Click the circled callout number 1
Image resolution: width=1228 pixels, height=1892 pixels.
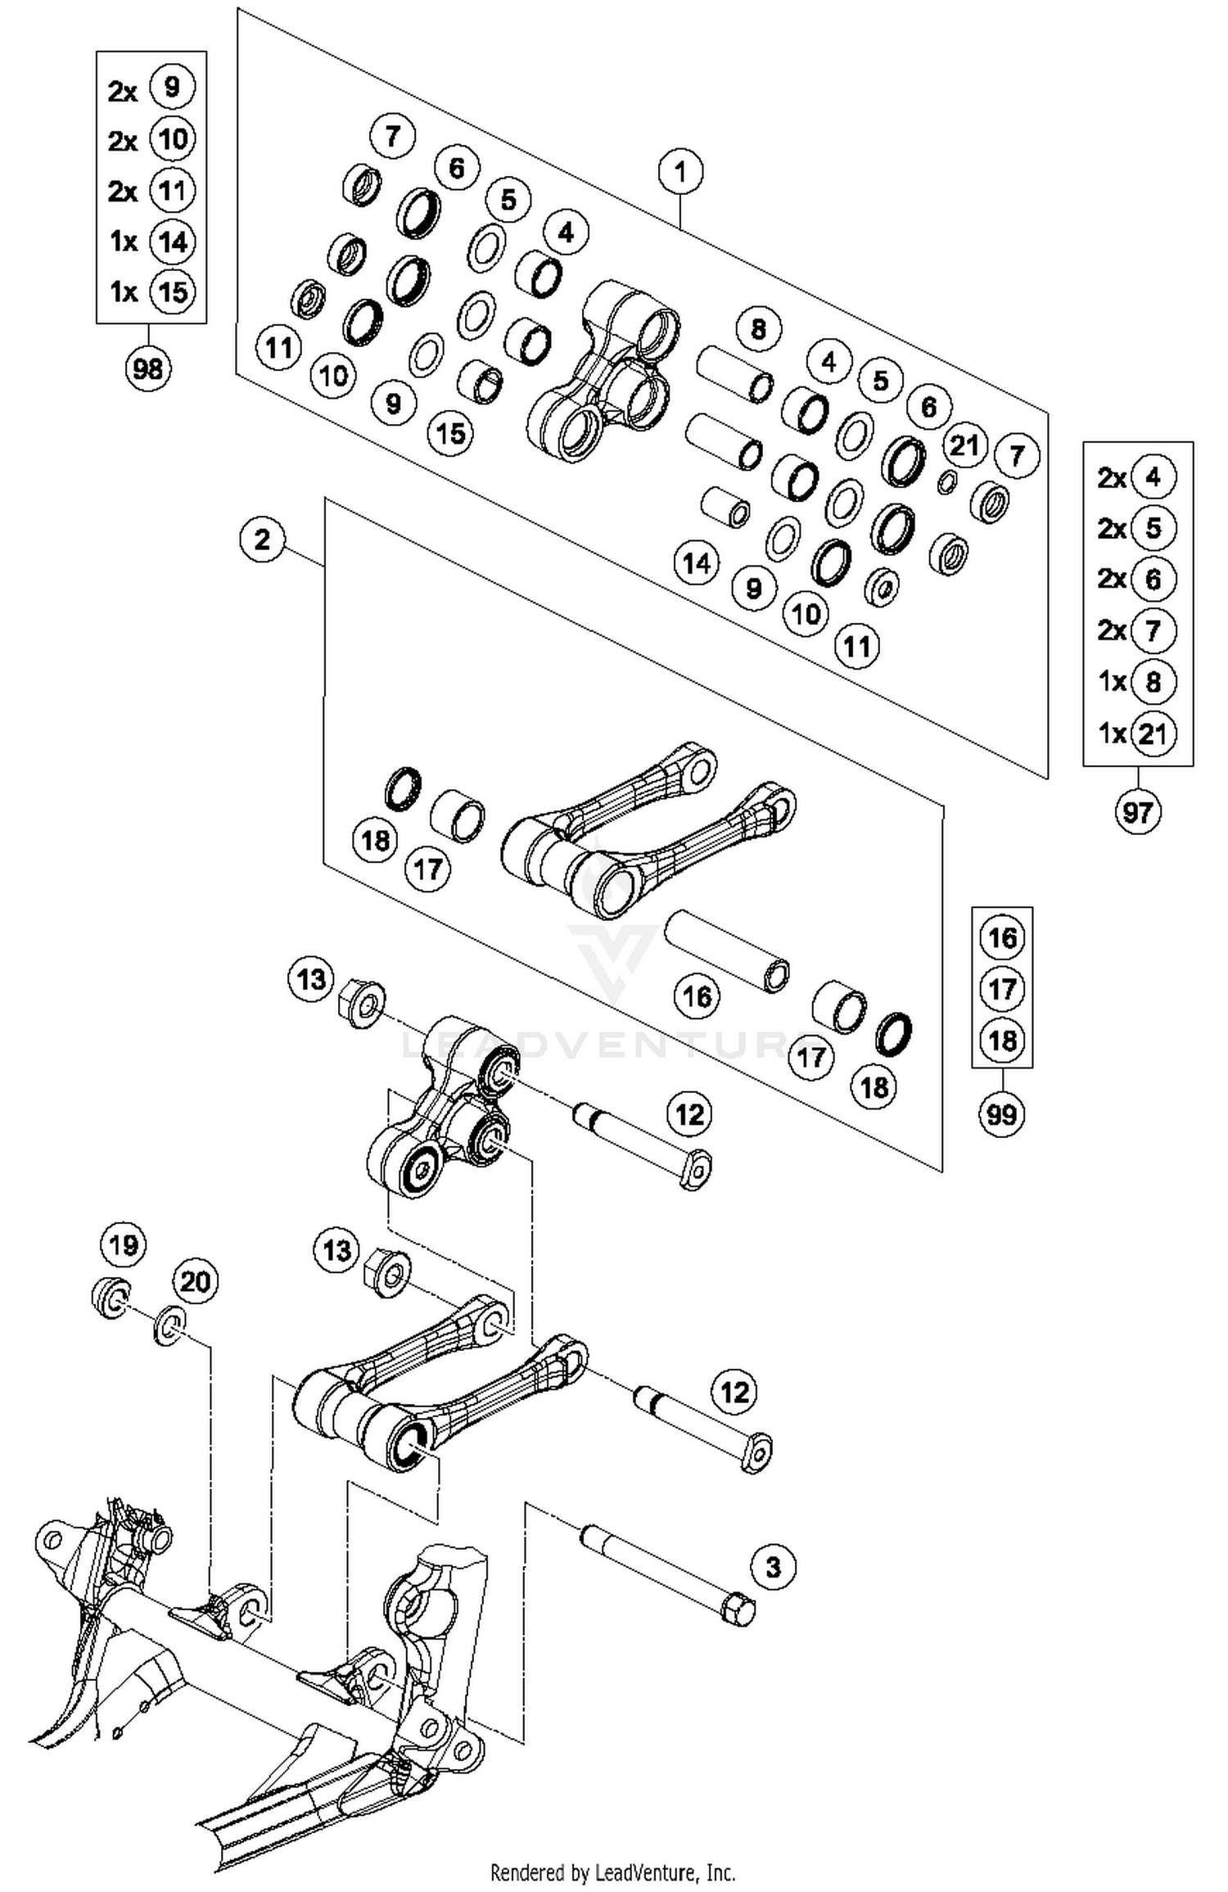pyautogui.click(x=679, y=173)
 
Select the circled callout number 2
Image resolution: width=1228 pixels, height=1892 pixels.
pyautogui.click(x=262, y=540)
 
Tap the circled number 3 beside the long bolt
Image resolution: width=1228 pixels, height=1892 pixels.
pyautogui.click(x=773, y=1567)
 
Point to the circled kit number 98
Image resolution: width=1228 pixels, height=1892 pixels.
pyautogui.click(x=148, y=369)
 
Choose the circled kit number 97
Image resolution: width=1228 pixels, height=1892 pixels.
pyautogui.click(x=1137, y=813)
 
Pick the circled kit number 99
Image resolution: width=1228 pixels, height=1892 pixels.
pyautogui.click(x=1002, y=1114)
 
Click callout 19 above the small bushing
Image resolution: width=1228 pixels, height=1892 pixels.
pyautogui.click(x=123, y=1245)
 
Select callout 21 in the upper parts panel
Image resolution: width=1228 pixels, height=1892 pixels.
pyautogui.click(x=964, y=446)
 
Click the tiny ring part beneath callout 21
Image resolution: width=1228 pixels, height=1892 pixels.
pyautogui.click(x=946, y=483)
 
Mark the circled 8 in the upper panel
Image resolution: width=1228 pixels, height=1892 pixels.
pyautogui.click(x=758, y=329)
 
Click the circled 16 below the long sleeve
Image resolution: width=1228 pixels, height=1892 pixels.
pyautogui.click(x=697, y=996)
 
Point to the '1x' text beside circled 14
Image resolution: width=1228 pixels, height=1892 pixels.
pyautogui.click(x=124, y=242)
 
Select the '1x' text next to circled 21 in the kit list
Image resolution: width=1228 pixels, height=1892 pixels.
pyautogui.click(x=1113, y=734)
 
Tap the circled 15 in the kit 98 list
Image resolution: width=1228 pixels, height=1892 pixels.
pyautogui.click(x=173, y=292)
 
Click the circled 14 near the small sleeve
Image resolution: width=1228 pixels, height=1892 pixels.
pyautogui.click(x=697, y=563)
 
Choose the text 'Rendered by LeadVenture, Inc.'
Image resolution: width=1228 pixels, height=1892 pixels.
pyautogui.click(x=612, y=1872)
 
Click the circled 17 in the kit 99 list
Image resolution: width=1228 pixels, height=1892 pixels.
pyautogui.click(x=1002, y=989)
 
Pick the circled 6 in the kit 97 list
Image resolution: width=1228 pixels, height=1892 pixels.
pyautogui.click(x=1153, y=580)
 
